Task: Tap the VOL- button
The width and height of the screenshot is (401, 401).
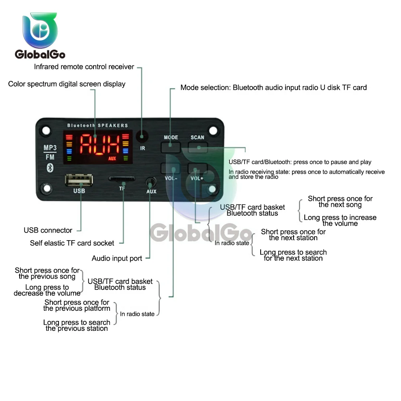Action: click(x=170, y=168)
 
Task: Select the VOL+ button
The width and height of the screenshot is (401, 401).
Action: click(x=197, y=168)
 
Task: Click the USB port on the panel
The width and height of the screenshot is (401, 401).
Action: click(x=79, y=180)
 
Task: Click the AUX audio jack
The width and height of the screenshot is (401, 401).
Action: click(x=151, y=182)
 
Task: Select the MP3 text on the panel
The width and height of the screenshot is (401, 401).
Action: click(x=50, y=148)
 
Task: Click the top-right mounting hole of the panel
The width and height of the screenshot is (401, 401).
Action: click(x=214, y=130)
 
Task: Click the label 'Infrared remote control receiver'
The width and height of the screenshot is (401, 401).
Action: click(x=84, y=67)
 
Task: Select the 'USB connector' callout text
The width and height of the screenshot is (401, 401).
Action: click(x=48, y=230)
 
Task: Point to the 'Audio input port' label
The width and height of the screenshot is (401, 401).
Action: click(x=117, y=258)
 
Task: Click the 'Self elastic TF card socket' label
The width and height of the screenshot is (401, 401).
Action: click(x=72, y=243)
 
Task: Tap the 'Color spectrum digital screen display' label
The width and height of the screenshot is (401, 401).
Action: click(x=67, y=84)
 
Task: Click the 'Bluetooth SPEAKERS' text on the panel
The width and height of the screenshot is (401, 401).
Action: click(x=97, y=126)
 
